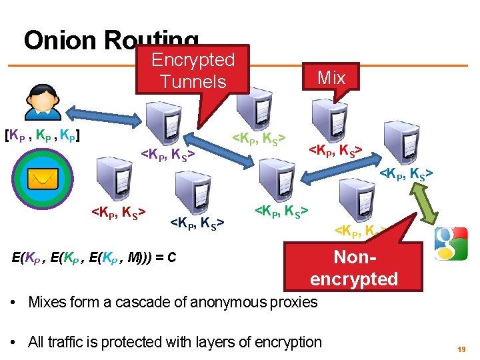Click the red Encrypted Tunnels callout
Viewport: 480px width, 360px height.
[193, 71]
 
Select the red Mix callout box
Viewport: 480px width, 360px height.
[331, 78]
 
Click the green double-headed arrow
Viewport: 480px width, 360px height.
[421, 205]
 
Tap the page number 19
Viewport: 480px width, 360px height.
[459, 349]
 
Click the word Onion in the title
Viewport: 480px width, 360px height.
[60, 41]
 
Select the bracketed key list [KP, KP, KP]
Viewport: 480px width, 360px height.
[43, 136]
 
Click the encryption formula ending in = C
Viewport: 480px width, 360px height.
[94, 257]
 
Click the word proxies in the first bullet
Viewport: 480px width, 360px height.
[294, 302]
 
